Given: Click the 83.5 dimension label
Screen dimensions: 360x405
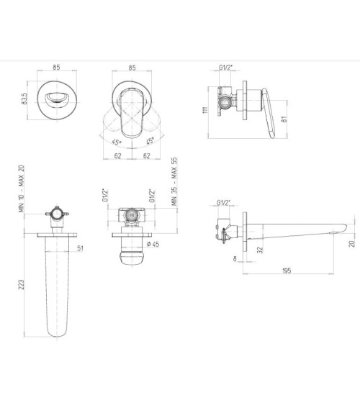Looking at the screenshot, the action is (x=24, y=99).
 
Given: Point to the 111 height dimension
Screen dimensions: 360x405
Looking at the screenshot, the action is (x=205, y=110).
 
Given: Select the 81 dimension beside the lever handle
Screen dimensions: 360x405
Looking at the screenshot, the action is (x=284, y=119).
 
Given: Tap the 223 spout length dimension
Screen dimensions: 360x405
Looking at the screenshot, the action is (x=22, y=284).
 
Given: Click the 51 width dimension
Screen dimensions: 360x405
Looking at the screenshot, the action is (x=81, y=248).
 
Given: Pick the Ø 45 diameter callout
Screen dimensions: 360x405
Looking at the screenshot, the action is (x=153, y=244).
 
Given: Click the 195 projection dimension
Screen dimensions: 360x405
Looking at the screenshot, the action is (x=287, y=270).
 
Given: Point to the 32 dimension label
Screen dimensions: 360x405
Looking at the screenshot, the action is (x=260, y=250).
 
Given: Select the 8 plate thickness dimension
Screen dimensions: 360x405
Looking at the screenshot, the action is (x=235, y=258).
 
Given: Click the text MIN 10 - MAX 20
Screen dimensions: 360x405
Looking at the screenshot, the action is (x=22, y=188).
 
